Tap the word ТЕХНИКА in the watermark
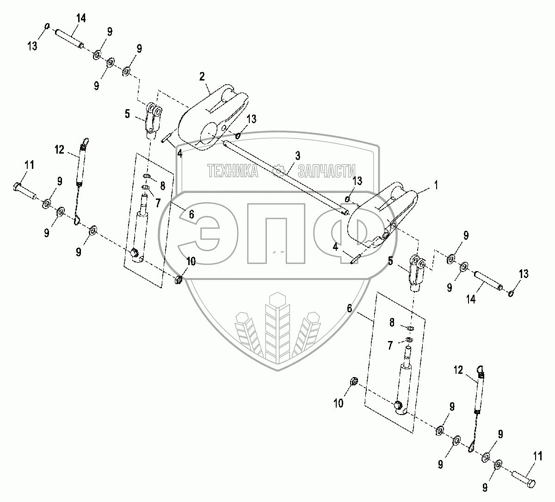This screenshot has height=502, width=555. (x=233, y=171)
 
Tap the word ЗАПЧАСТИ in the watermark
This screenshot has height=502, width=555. (x=327, y=171)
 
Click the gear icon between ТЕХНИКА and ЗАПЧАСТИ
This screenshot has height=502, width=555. (x=278, y=171)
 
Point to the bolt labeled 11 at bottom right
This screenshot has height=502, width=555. (x=523, y=478)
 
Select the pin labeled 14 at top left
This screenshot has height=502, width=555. (x=69, y=39)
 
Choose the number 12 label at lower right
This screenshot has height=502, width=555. (x=458, y=357)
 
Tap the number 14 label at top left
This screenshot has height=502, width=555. (x=81, y=19)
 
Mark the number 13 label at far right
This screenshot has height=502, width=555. (x=523, y=274)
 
